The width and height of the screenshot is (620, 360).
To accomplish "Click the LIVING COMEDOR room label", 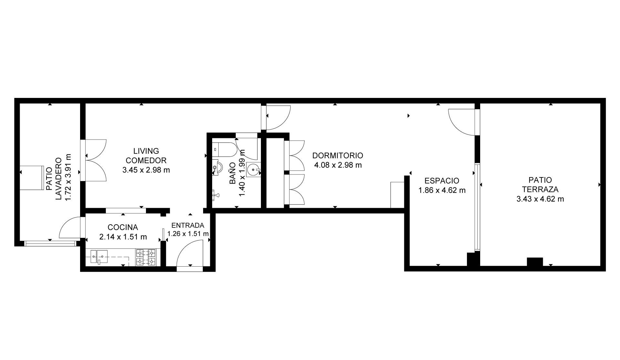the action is point(146,155).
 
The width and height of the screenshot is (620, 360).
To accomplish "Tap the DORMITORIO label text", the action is point(338,155).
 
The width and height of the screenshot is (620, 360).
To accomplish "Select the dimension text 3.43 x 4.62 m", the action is point(540,199).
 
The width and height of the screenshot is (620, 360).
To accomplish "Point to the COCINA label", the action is point(123,227).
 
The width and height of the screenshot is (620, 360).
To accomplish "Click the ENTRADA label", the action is point(188,225).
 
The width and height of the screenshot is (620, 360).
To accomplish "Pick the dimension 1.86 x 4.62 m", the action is point(442,190).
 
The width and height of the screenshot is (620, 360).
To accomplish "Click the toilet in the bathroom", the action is point(225,149).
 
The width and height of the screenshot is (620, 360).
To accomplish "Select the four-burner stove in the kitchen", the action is point(146,257).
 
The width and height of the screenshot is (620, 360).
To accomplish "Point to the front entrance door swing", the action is point(190,253).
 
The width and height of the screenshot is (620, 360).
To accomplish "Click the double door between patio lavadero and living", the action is point(96,160).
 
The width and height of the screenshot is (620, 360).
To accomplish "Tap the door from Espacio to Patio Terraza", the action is point(462,122).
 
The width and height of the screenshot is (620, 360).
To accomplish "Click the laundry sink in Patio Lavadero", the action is point(31,178).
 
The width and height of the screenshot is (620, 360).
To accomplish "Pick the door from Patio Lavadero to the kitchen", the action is point(70,228).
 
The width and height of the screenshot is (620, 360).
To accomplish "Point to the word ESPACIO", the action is point(442,181).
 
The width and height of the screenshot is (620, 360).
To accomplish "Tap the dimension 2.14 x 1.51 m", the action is point(123,237).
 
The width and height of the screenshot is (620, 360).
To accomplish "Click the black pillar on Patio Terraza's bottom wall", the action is point(535,262).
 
